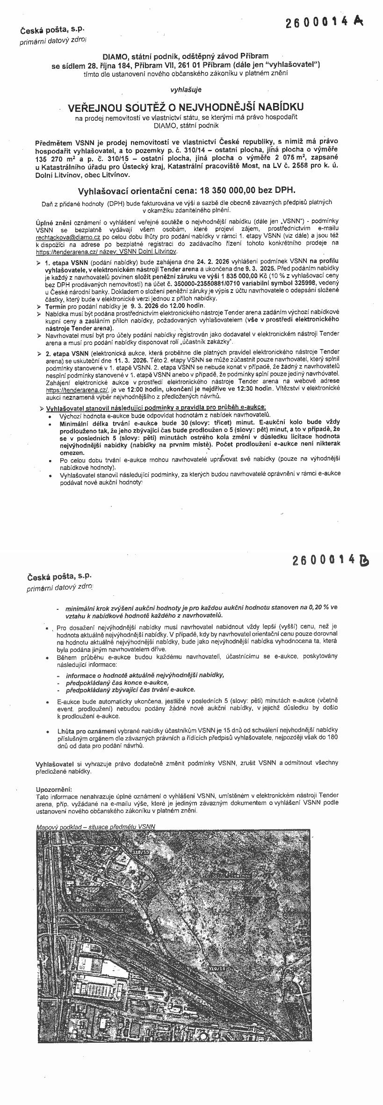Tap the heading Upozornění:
click(x=54, y=789)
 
